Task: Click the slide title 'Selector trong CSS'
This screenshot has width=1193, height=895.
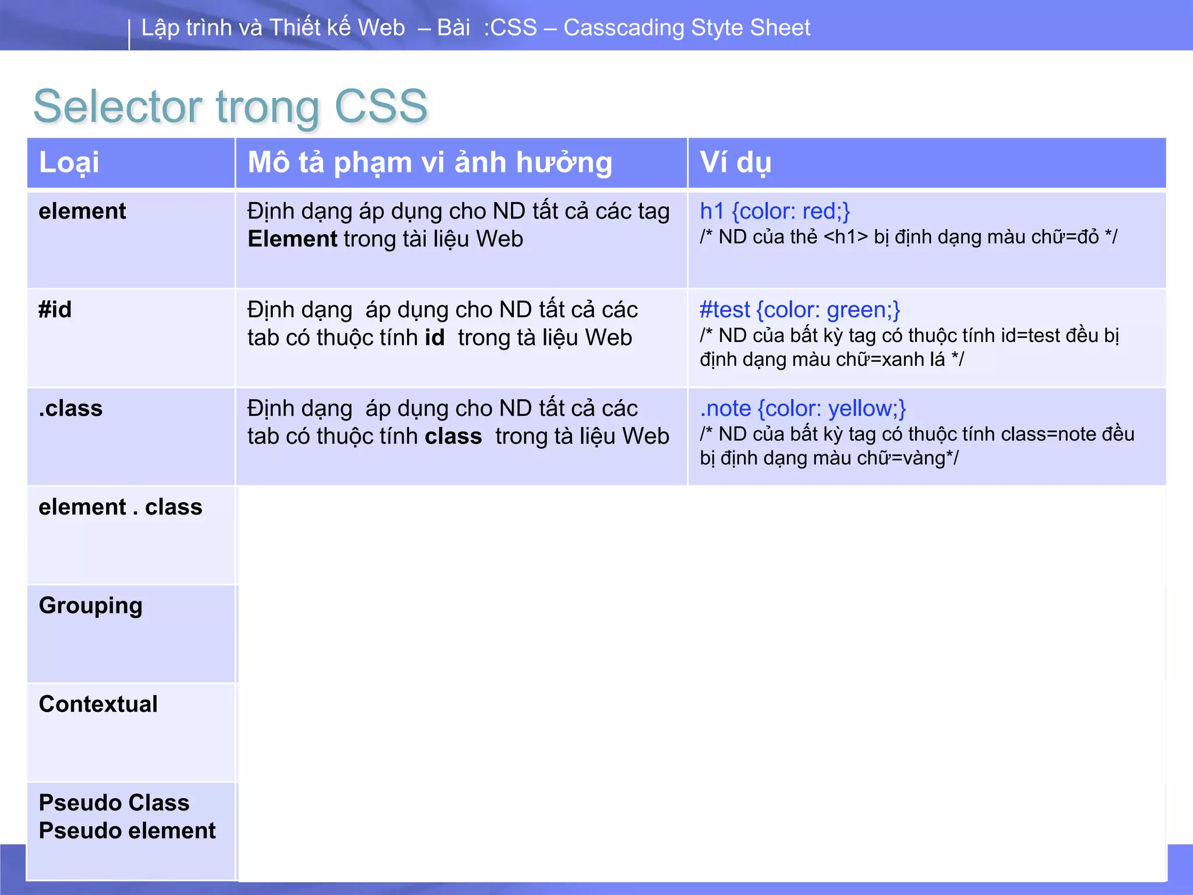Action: [x=231, y=107]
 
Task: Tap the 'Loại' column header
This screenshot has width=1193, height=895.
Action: [x=69, y=163]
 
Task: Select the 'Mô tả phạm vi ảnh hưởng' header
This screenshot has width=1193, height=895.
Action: [x=430, y=163]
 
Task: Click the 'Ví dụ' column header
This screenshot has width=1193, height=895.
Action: [x=735, y=163]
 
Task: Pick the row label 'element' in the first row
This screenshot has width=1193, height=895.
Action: [x=82, y=211]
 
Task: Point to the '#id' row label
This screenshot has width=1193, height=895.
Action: [x=55, y=309]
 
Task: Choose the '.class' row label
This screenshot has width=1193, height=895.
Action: [x=70, y=408]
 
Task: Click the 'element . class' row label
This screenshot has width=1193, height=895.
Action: [x=121, y=507]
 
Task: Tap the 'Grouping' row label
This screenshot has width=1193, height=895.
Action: [x=91, y=606]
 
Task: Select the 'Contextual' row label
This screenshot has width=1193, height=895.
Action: [x=98, y=704]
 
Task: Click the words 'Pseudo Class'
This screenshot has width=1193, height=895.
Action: [x=114, y=803]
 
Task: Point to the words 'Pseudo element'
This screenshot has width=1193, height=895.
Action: [x=128, y=831]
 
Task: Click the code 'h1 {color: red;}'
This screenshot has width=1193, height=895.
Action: [x=775, y=211]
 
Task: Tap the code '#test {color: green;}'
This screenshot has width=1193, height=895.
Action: [x=800, y=310]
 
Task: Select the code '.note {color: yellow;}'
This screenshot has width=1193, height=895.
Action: [x=803, y=408]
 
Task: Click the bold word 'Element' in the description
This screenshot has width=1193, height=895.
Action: [x=292, y=239]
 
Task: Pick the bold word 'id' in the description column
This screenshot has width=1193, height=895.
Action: [x=435, y=338]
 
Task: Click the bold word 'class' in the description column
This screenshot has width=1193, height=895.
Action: [x=453, y=436]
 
